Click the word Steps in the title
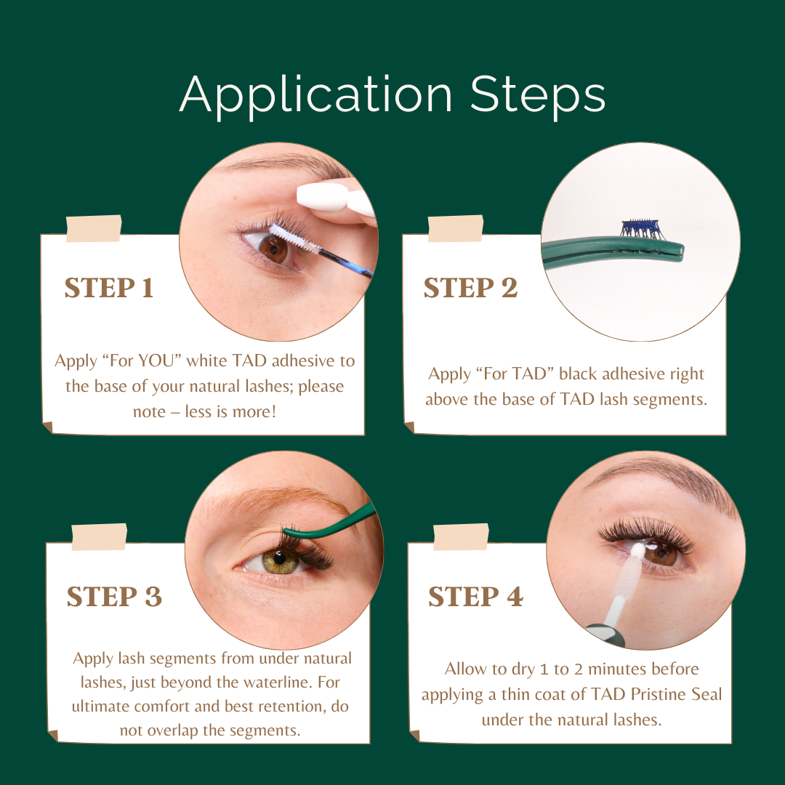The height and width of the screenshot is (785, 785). (538, 95)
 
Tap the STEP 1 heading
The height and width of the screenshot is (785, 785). (109, 288)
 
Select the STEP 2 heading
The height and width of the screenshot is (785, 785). (470, 288)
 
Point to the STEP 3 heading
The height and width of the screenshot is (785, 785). (114, 597)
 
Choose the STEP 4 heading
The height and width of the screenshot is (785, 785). (475, 597)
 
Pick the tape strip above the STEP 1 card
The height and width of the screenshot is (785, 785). (93, 228)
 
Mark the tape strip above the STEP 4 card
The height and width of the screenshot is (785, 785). (461, 536)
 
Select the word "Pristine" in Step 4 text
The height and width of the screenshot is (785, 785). (640, 694)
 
